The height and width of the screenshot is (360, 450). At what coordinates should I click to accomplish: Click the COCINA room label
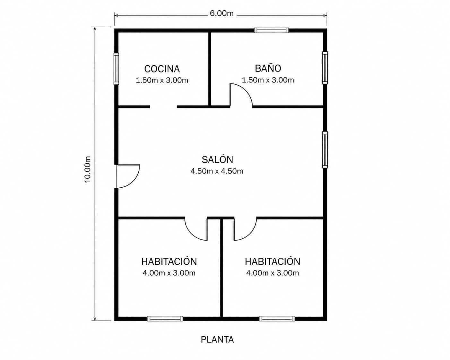click(162, 69)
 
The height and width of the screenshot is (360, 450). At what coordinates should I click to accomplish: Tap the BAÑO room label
click(268, 68)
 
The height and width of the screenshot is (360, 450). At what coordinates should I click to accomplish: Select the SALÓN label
click(217, 159)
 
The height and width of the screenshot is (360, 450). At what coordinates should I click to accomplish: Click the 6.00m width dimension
click(221, 13)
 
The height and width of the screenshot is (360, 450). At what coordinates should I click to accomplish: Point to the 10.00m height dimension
click(88, 169)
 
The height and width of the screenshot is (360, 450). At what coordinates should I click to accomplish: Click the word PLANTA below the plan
click(217, 339)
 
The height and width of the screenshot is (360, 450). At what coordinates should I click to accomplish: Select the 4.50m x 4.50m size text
click(217, 171)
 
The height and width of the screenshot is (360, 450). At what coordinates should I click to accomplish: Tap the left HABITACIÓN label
click(169, 261)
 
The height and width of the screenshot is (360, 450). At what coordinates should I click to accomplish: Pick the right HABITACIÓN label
click(273, 261)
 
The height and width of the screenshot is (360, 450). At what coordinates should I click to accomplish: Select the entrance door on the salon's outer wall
click(127, 176)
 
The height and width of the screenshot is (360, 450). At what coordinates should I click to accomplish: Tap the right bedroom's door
click(245, 229)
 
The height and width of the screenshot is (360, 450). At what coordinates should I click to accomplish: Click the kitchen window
click(116, 69)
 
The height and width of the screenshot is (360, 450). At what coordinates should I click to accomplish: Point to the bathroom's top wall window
click(272, 30)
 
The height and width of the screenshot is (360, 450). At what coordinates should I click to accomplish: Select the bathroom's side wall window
click(325, 68)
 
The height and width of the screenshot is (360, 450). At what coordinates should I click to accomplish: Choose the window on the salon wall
click(325, 150)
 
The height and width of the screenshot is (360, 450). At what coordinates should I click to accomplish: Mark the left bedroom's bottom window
click(165, 319)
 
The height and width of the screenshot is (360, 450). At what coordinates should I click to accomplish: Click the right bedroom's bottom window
click(277, 319)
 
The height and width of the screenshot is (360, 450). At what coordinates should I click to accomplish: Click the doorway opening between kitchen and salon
click(163, 107)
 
